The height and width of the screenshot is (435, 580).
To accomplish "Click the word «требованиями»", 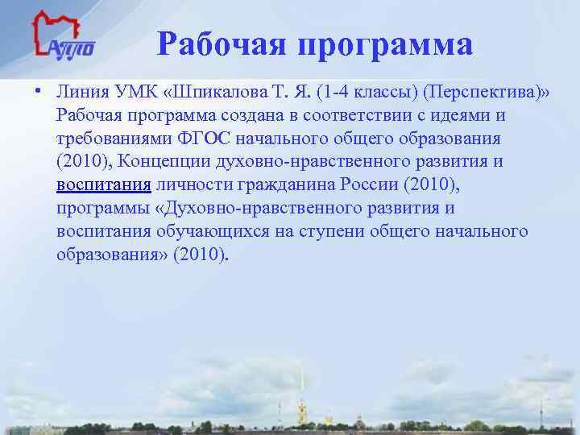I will [x=111, y=139].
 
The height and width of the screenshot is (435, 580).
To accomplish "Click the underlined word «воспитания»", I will [x=104, y=185].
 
